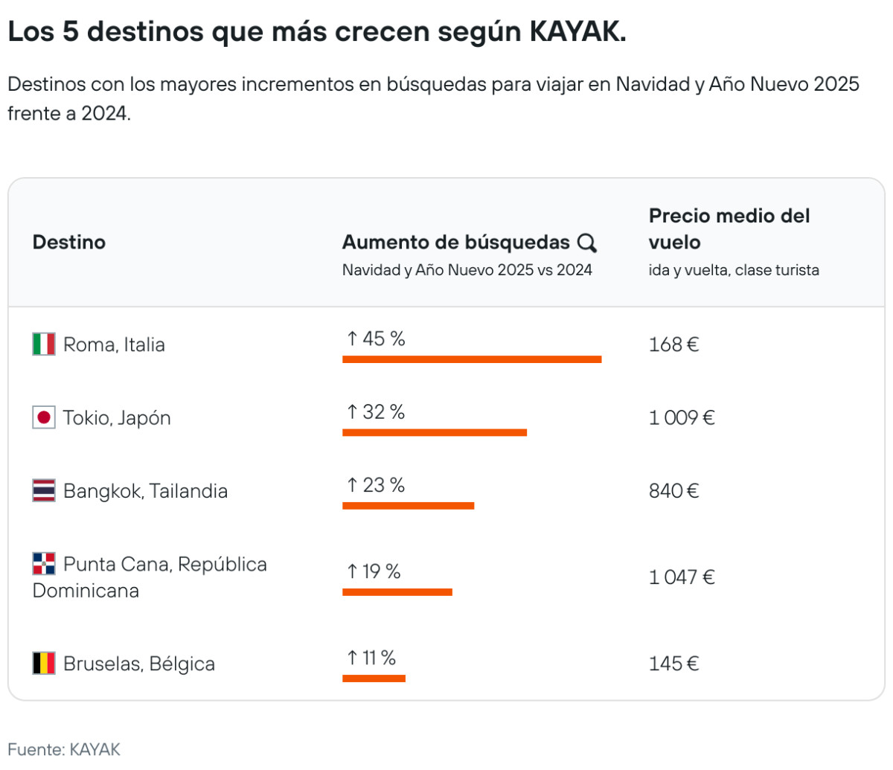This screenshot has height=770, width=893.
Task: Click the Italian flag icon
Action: (x=44, y=344)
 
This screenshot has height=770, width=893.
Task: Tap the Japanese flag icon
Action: (x=44, y=417)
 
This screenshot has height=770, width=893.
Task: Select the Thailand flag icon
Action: (x=44, y=490)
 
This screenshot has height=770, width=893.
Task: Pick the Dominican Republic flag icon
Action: (x=44, y=563)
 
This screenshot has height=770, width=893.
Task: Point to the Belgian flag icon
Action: (x=44, y=663)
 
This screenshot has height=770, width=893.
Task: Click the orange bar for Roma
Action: (x=472, y=359)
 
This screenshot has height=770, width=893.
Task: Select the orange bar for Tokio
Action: (x=435, y=432)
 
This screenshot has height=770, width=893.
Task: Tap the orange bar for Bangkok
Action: (x=408, y=506)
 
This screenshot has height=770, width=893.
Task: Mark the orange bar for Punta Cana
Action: (x=397, y=592)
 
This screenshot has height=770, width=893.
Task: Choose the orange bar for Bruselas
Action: (x=374, y=678)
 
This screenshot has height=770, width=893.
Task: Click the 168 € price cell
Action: (x=673, y=344)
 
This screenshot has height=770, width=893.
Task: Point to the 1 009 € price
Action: (x=682, y=417)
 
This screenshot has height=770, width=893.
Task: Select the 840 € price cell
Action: (x=673, y=491)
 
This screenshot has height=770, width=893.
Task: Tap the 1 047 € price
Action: (x=682, y=577)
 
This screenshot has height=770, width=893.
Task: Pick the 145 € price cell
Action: (x=673, y=664)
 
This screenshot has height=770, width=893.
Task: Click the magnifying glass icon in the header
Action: (x=587, y=243)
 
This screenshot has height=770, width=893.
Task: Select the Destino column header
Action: (x=69, y=243)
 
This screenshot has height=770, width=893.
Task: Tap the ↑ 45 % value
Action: (x=376, y=339)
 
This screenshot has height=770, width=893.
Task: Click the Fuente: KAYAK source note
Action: (x=64, y=749)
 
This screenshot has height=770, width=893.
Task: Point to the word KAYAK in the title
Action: (x=577, y=32)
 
